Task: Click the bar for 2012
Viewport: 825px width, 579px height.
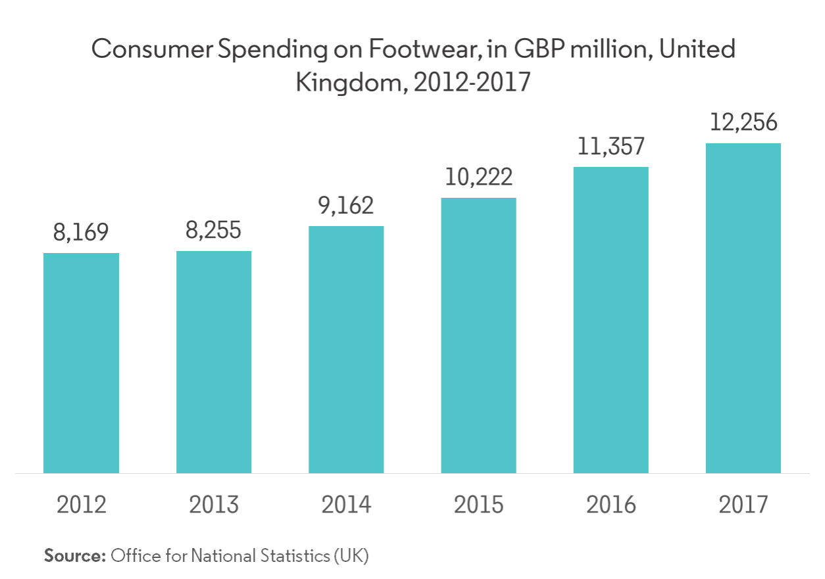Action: [82, 363]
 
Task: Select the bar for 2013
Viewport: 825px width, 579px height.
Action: [214, 361]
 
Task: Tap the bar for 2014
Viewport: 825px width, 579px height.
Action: [346, 349]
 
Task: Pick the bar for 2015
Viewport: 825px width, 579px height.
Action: [478, 335]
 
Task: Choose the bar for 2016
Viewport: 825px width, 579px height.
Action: [611, 319]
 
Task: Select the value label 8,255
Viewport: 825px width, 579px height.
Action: [214, 231]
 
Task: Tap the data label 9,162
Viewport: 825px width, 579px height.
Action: [346, 206]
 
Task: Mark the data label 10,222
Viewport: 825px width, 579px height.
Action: [478, 177]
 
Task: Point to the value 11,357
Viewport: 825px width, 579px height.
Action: [611, 147]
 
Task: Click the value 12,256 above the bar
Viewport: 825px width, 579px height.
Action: [743, 124]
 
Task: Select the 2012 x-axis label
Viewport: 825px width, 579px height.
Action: [82, 505]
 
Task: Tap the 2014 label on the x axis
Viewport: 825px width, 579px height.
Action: [346, 505]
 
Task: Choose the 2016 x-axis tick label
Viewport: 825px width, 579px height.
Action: [611, 505]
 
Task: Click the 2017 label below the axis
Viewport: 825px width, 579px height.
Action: [743, 505]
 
